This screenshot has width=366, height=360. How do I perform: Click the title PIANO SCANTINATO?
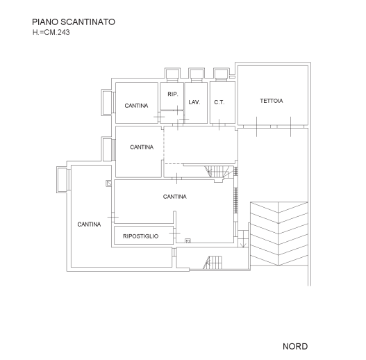(74, 22)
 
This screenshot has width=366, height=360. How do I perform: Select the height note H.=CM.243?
(51, 32)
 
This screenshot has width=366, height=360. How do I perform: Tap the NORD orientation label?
(295, 347)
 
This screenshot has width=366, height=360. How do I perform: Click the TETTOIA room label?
(272, 101)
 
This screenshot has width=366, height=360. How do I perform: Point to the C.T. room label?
(219, 102)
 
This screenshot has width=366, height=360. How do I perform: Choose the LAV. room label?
(194, 102)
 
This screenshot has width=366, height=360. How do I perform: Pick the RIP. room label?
(173, 94)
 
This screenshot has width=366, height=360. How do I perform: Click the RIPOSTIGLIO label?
(141, 236)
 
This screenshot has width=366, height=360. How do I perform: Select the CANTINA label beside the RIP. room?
(136, 106)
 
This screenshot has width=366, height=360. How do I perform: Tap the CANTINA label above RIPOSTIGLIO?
(175, 197)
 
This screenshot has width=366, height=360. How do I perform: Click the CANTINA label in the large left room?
(89, 224)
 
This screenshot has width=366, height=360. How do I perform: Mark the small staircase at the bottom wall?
(213, 263)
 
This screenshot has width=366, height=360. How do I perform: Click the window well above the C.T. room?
(222, 74)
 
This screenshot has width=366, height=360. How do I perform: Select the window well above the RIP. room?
(172, 74)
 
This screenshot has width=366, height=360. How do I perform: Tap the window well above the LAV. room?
(197, 74)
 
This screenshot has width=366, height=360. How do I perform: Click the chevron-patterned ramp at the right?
(279, 234)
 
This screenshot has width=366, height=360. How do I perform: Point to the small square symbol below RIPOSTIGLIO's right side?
(188, 241)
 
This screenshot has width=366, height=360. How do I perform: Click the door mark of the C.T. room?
(219, 124)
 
